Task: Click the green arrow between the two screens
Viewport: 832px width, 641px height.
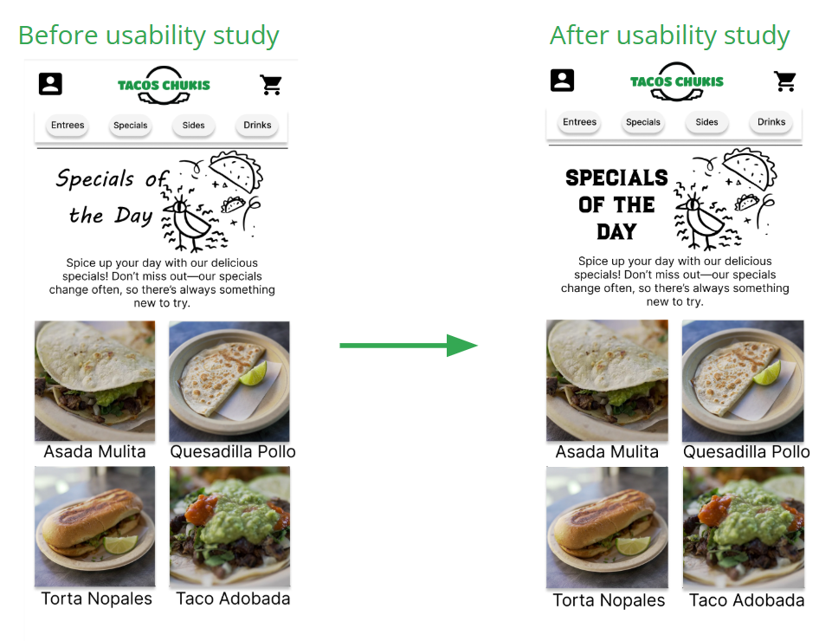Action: point(408,346)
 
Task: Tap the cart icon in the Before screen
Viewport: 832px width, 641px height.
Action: point(271,85)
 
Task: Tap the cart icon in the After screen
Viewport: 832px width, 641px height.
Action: point(784,81)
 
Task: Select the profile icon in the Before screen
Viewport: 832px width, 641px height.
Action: point(50,84)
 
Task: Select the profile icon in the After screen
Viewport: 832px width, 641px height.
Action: point(563,81)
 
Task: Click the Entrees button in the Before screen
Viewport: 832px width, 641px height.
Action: point(68,126)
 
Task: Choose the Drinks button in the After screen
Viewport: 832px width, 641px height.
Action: point(771,122)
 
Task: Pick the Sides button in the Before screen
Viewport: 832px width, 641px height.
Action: point(194,126)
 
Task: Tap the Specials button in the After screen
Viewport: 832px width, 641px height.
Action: point(643,122)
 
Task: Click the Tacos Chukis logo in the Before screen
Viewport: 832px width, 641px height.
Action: point(164,85)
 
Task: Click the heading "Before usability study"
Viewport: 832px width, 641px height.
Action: point(148,36)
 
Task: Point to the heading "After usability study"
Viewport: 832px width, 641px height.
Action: point(669,36)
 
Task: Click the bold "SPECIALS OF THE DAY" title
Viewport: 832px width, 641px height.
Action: point(616,204)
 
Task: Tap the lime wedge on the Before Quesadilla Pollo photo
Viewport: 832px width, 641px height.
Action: point(253,373)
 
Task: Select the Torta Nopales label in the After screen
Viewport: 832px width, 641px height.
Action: point(609,600)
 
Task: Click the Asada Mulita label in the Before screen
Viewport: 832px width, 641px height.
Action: point(94,451)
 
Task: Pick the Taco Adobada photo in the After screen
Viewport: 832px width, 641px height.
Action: point(743,528)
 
